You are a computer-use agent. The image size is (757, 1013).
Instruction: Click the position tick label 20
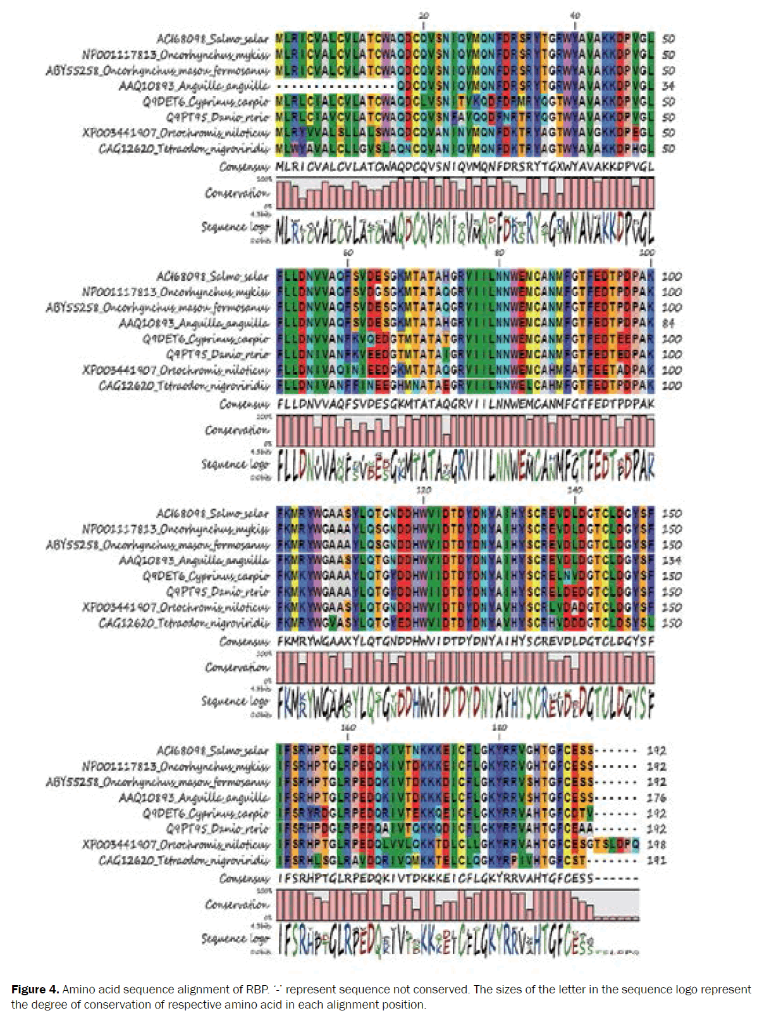424,15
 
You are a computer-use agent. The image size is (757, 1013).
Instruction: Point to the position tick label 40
574,15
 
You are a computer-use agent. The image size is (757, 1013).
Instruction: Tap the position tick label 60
348,252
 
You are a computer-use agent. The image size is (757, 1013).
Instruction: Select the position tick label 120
424,490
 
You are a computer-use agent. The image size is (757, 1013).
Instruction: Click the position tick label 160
348,727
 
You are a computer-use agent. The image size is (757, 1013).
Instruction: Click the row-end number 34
668,86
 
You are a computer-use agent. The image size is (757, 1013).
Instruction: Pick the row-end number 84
668,323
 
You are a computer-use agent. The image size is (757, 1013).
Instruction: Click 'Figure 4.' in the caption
35,990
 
